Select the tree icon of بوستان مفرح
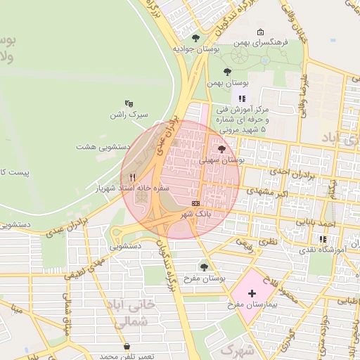pos(204,266)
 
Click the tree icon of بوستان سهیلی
pos(222,149)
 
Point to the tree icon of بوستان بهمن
pos(226,71)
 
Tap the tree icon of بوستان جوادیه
pos(195,38)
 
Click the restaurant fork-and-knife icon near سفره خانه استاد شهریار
pos(133,177)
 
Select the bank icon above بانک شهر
pos(195,202)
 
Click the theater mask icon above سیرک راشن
pos(129,103)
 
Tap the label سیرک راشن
pos(128,114)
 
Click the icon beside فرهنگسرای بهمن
pos(261,32)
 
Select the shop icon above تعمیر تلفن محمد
pos(126,347)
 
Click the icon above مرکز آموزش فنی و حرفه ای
pos(243,99)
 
